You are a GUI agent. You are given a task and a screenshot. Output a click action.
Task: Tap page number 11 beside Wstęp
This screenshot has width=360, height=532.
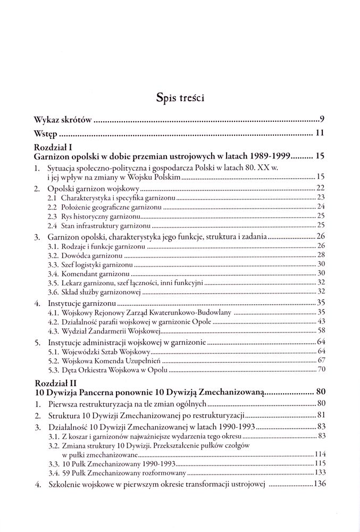point(320,133)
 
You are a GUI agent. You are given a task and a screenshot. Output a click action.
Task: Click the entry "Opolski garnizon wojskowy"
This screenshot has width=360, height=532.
point(94,188)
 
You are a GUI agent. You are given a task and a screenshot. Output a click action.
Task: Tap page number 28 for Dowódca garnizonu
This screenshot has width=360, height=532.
point(321,255)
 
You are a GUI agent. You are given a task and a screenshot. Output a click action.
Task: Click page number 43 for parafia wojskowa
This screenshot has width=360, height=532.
point(321,321)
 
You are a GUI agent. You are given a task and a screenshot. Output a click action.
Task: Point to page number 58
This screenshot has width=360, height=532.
point(321,330)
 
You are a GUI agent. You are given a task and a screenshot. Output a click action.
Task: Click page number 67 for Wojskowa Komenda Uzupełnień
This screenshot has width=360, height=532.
point(321,361)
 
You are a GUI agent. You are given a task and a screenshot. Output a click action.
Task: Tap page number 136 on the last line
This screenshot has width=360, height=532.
point(319,484)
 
